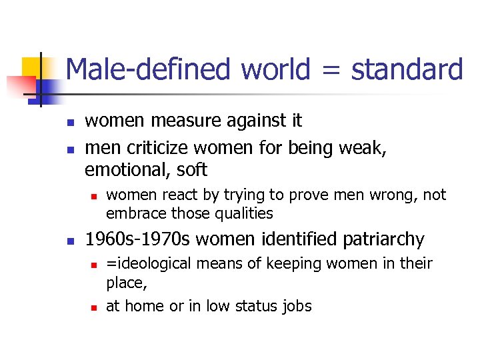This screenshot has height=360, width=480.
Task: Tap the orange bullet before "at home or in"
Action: coord(94,307)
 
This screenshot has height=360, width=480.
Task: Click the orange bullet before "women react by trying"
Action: coord(94,196)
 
